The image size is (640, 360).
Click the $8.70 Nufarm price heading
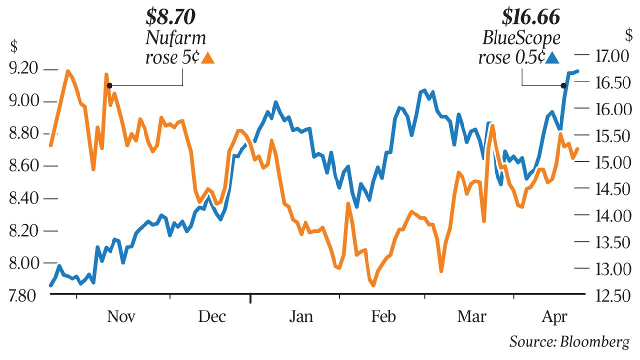click(170, 17)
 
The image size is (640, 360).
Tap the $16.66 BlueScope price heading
click(531, 17)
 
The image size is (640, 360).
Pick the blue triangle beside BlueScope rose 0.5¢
click(552, 58)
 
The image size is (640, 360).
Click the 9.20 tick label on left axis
click(24, 69)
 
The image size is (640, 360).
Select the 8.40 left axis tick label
click(24, 198)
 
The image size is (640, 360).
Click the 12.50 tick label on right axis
click(611, 295)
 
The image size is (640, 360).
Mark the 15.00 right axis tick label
click(611, 162)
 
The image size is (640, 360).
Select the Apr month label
click(554, 317)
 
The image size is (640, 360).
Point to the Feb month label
click(384, 317)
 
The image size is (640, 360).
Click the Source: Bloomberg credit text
click(569, 342)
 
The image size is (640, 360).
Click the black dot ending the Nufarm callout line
click(109, 85)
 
